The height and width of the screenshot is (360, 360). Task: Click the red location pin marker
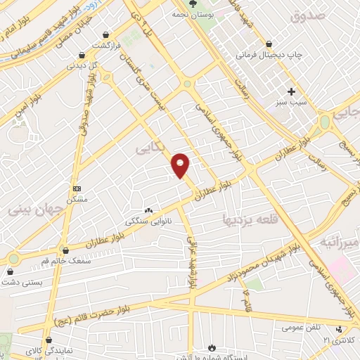181,165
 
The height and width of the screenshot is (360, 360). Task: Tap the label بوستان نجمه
193,14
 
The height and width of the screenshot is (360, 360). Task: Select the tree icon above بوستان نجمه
193,4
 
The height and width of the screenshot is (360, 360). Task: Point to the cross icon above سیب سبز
291,91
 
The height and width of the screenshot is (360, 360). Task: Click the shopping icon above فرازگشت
105,34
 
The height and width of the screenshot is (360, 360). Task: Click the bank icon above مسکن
77,188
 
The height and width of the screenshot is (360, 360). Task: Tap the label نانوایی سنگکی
148,221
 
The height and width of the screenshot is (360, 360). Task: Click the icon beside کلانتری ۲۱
341,328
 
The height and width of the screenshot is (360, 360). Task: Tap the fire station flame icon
212,347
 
